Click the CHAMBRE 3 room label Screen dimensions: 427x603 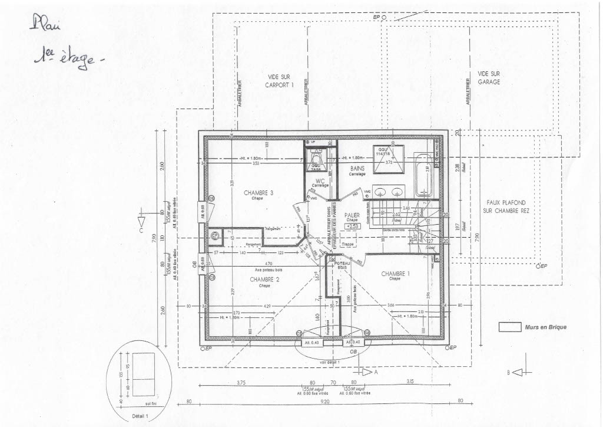click(258, 192)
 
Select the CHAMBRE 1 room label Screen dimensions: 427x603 click(395, 274)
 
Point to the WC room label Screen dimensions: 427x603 click(320, 181)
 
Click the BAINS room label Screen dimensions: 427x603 click(357, 168)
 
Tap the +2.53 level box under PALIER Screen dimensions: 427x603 click(352, 226)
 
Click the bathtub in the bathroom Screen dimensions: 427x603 click(423, 175)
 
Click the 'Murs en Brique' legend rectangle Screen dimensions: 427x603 click(509, 327)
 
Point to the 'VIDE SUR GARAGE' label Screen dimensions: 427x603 click(489, 78)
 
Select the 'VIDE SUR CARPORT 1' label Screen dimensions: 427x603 click(279, 81)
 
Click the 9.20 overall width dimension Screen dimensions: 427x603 click(325, 401)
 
